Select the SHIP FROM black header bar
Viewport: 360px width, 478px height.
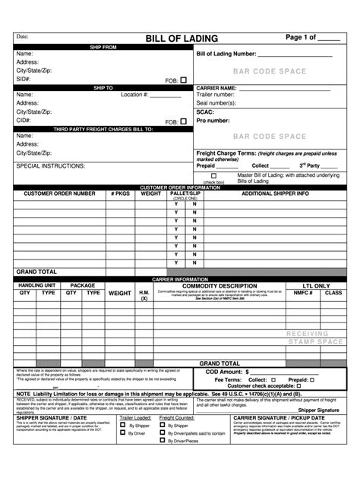coord(103,47)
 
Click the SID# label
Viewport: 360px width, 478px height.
coord(24,79)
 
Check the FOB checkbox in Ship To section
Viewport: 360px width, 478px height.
coord(183,121)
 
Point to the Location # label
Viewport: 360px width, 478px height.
coord(134,95)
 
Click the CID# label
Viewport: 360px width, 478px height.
coord(24,121)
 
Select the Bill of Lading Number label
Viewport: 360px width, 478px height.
coord(226,55)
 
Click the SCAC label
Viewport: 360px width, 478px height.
coord(205,112)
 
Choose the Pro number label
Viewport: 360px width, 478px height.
coord(213,121)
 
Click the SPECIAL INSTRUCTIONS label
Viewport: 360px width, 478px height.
coord(50,165)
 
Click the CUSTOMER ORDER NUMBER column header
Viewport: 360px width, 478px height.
coord(59,193)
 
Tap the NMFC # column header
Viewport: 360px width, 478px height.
coord(303,292)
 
